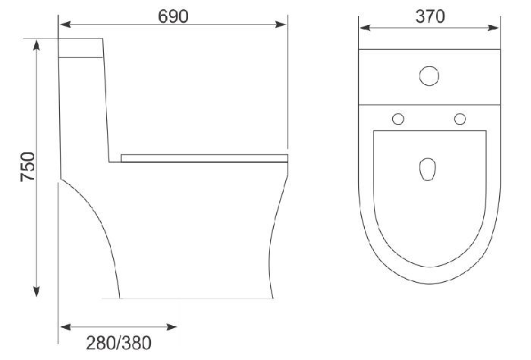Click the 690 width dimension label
pos(173,15)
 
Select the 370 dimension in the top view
pos(429,16)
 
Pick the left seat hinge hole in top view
pos(397,118)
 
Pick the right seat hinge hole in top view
pos(460,118)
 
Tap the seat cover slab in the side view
pos(205,158)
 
